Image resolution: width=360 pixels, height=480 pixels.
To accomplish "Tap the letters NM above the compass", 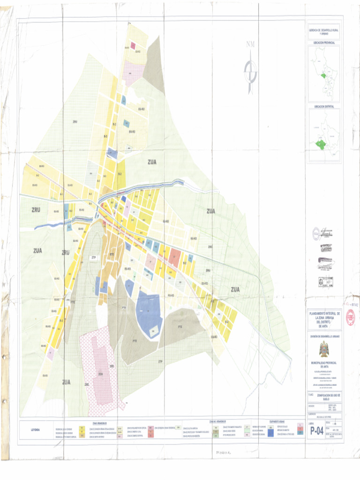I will coord(251,45).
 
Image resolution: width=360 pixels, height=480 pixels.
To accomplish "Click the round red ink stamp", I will coord(350,318).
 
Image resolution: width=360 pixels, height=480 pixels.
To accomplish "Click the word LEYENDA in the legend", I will coord(35,430).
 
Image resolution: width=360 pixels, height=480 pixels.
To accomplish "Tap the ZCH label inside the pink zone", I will coord(100,374).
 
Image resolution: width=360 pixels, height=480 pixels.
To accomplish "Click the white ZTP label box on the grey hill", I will coord(93,258).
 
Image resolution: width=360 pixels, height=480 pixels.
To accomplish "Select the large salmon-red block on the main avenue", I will coord(174,256).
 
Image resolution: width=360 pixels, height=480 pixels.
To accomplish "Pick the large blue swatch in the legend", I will coord(271,433).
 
